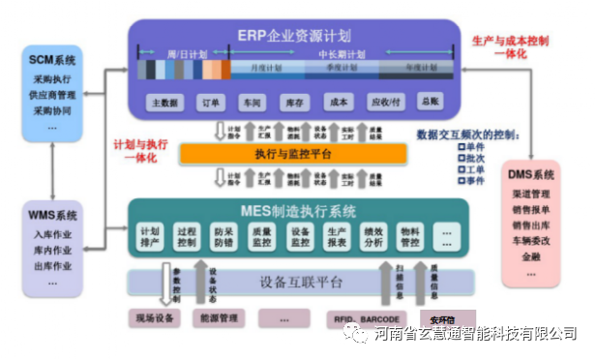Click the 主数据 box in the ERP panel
point(162,101)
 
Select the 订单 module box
point(206,101)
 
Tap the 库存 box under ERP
point(294,101)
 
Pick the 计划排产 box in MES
point(151,238)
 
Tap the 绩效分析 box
point(372,238)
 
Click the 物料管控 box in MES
point(410,238)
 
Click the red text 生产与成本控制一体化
point(511,48)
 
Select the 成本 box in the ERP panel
point(339,101)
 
